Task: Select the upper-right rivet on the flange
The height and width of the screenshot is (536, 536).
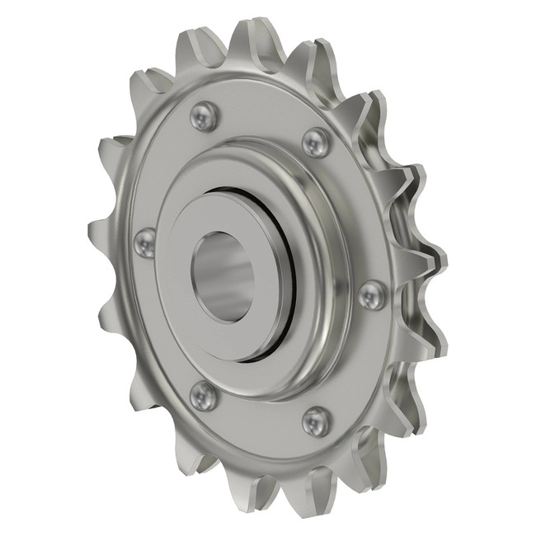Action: tap(316, 142)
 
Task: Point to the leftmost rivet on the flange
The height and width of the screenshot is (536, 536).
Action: tap(144, 242)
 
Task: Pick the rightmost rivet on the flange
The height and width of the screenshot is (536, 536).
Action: tap(372, 294)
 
